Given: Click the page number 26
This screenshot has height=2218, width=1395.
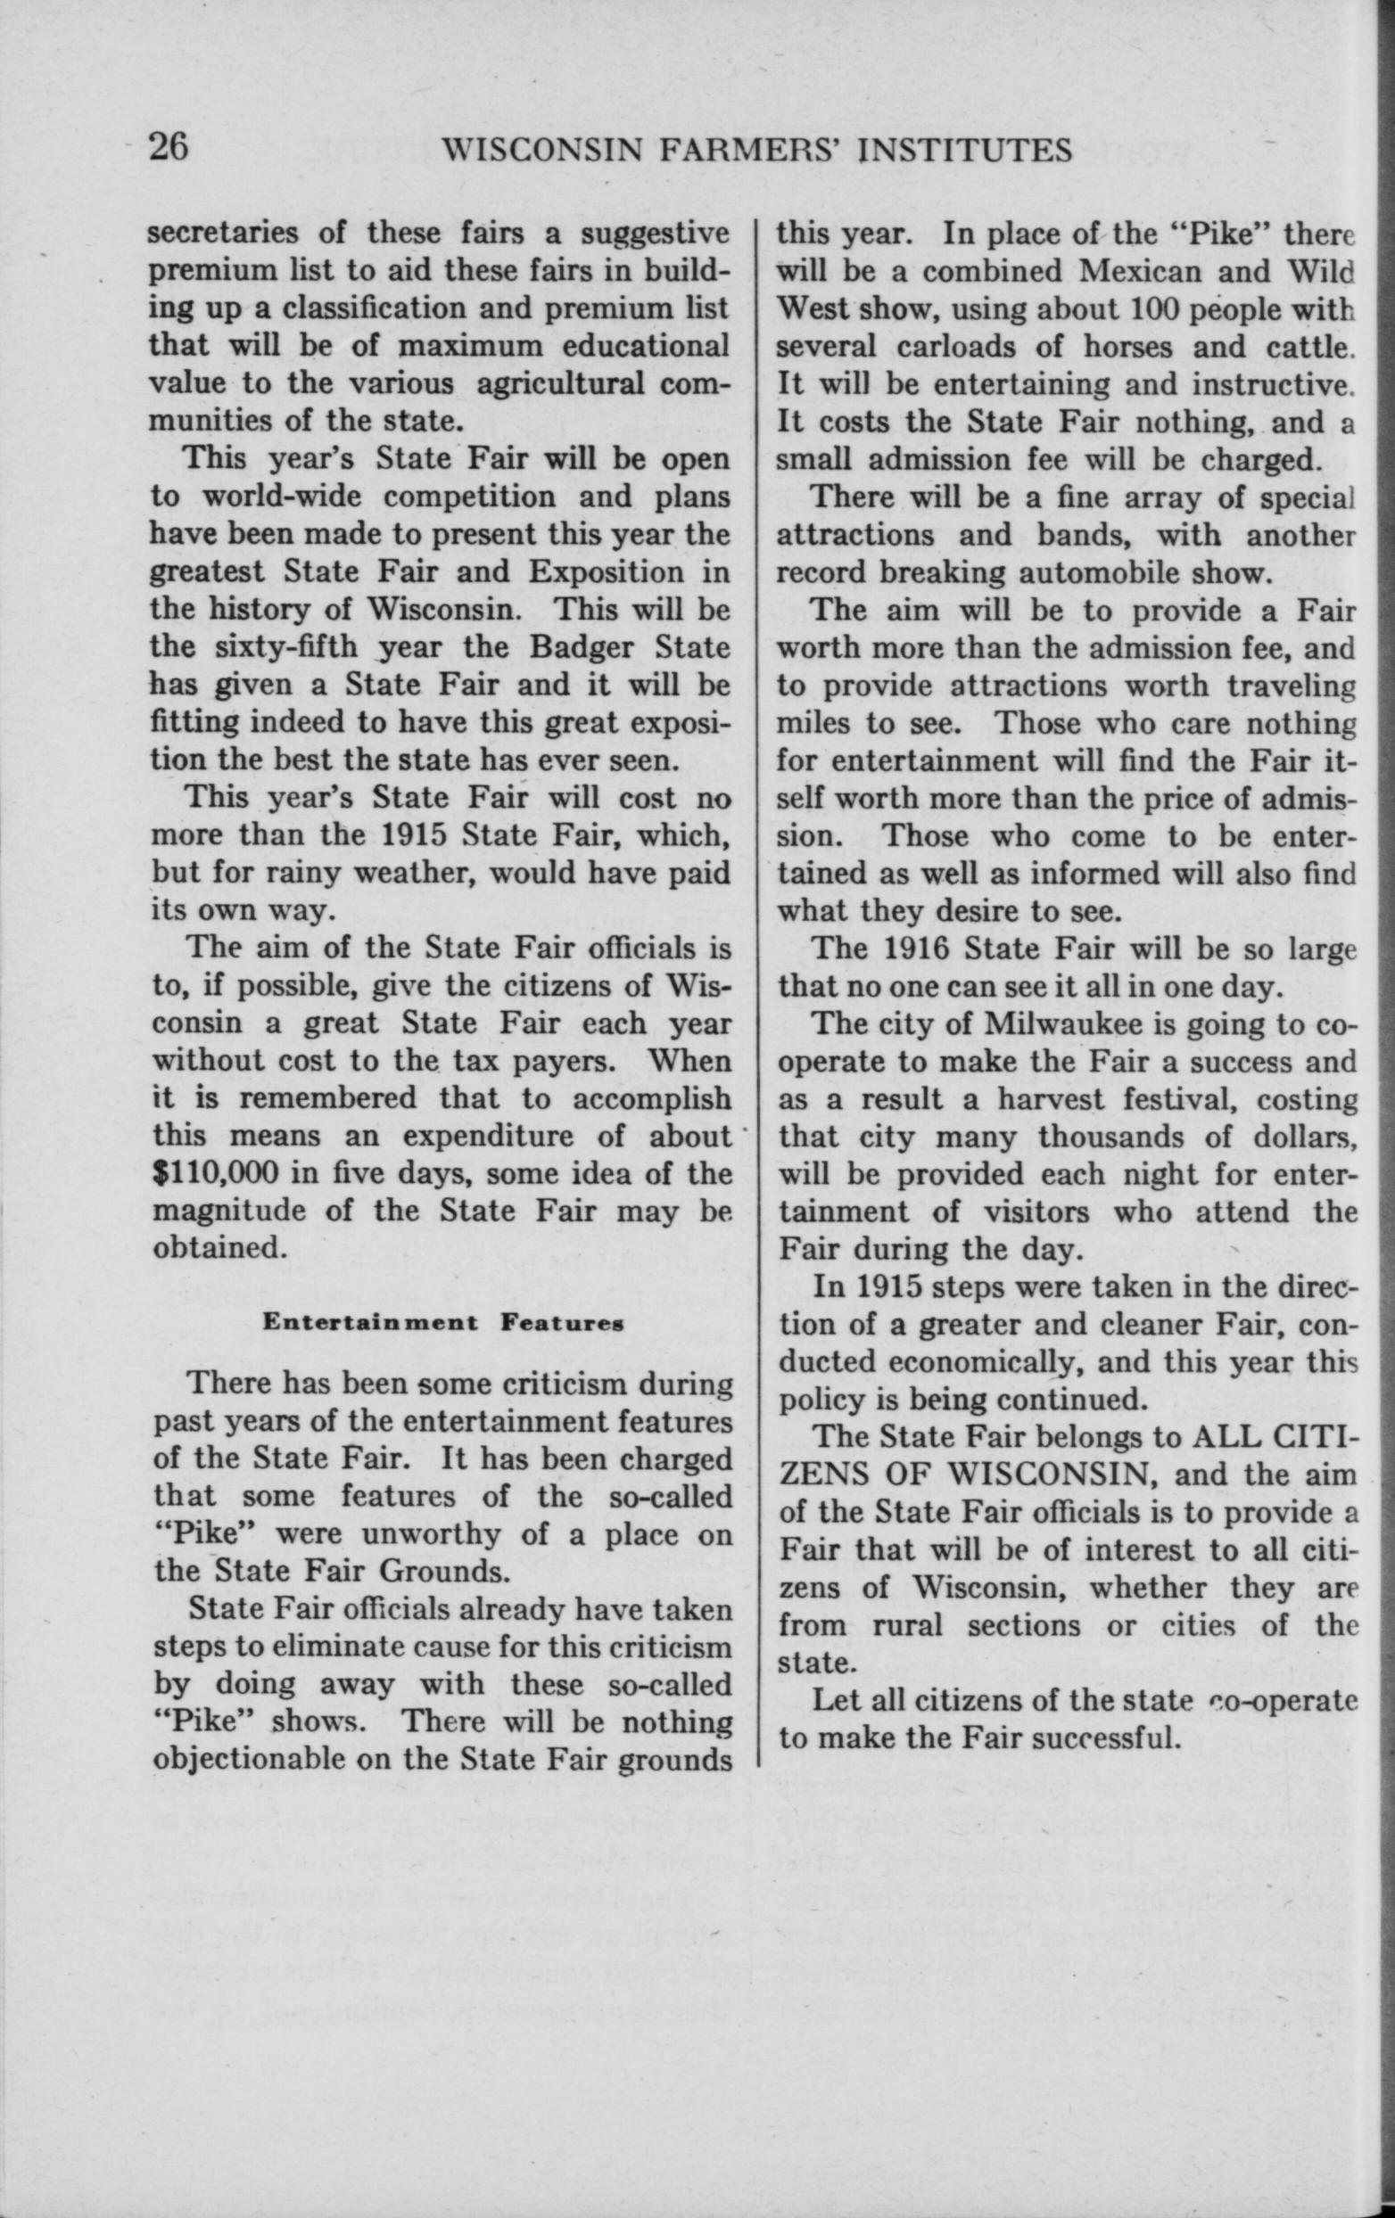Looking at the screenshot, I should click(x=169, y=147).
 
